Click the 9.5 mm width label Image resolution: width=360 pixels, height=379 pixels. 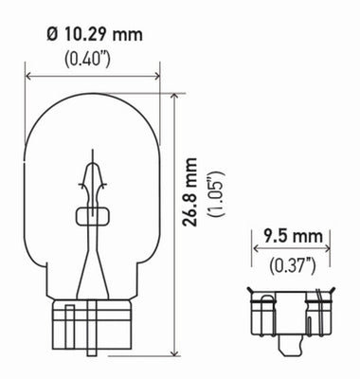pyautogui.click(x=290, y=234)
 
